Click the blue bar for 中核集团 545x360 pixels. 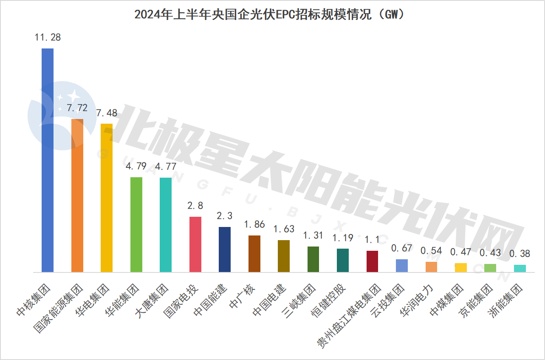(x=48, y=160)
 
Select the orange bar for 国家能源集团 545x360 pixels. (x=77, y=196)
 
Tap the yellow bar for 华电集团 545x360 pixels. (x=107, y=198)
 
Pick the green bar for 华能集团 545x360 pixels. (x=136, y=224)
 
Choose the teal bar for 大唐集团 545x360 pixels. (x=166, y=225)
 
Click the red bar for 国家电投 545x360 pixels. (x=195, y=244)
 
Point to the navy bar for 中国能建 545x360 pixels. (x=225, y=249)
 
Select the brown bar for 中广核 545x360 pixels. (x=254, y=254)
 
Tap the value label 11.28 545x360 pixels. (x=48, y=37)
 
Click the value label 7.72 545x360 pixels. (x=77, y=108)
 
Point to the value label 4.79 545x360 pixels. (x=136, y=166)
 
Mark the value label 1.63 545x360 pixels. (x=284, y=230)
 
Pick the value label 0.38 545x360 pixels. (x=520, y=254)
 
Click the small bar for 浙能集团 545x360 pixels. (x=520, y=268)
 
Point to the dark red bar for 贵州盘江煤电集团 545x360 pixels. (x=372, y=261)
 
